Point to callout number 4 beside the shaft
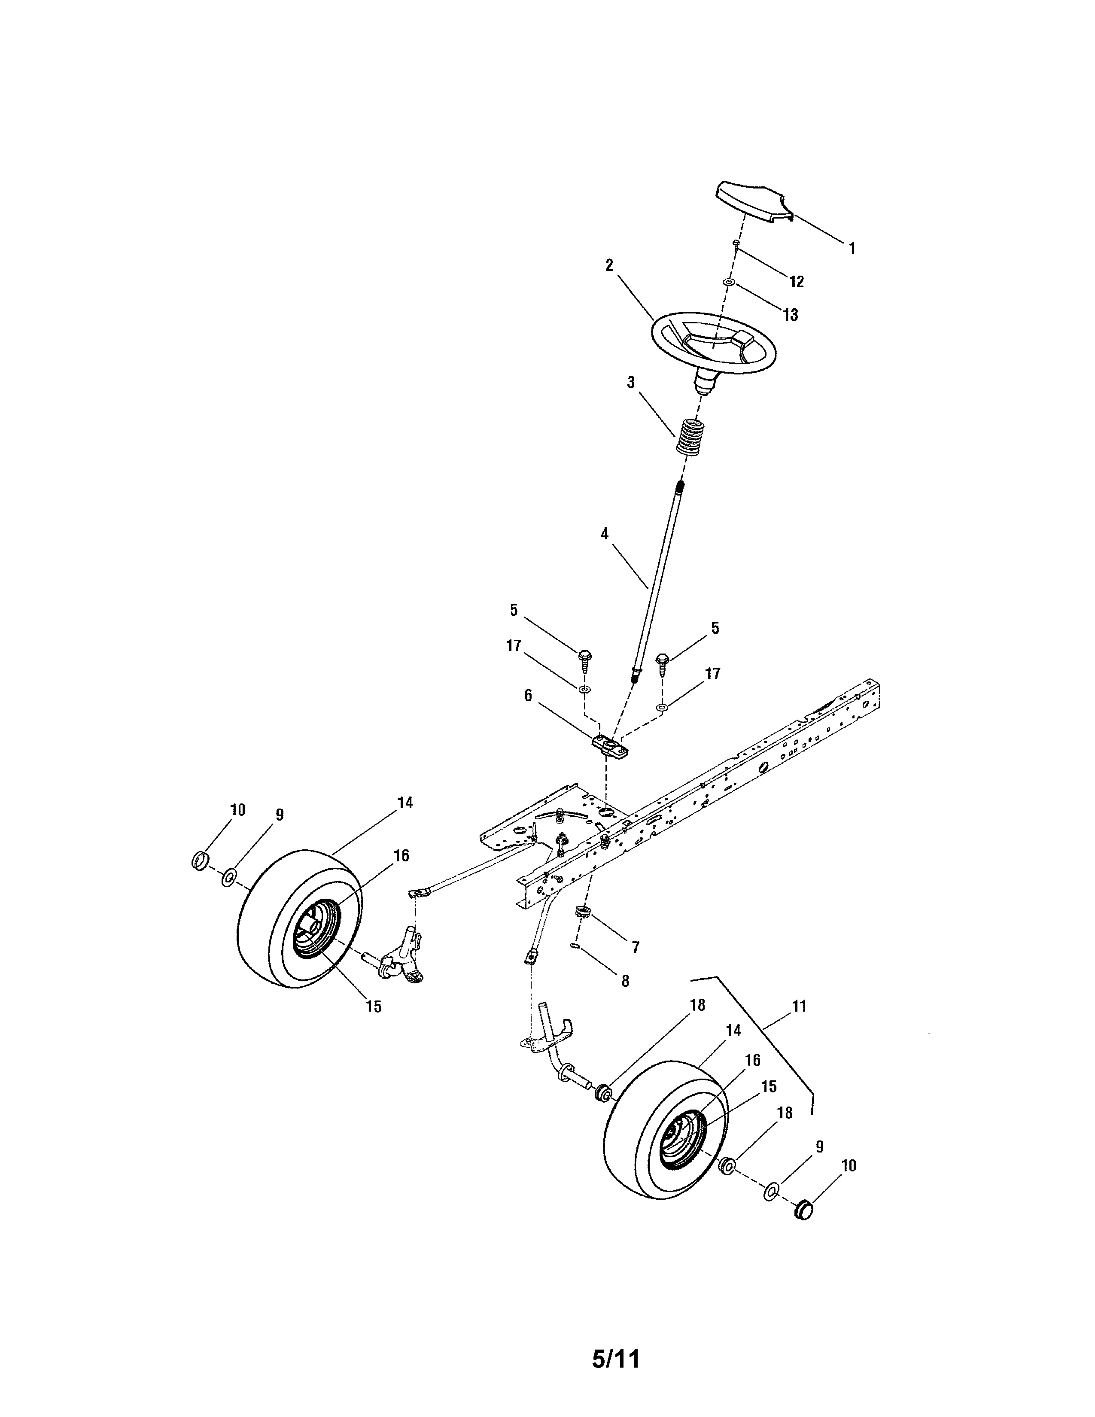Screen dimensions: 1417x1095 point(605,534)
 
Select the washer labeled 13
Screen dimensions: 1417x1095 point(728,283)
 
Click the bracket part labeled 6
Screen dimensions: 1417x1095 point(611,748)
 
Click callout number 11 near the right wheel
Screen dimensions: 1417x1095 point(799,1006)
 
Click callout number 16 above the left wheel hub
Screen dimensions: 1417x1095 point(401,855)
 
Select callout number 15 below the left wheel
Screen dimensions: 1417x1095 point(374,1006)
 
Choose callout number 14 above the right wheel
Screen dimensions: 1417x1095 point(733,1030)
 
